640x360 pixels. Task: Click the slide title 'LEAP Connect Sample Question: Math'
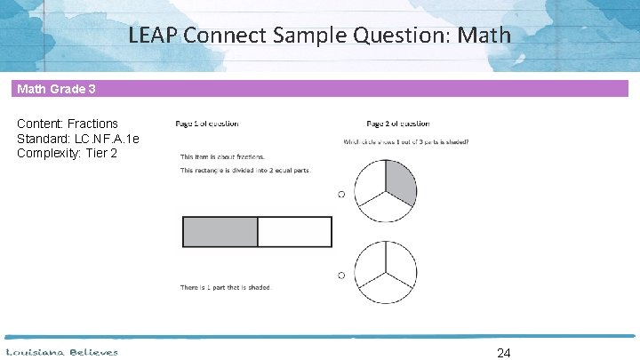pos(319,36)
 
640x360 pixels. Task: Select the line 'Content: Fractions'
pos(68,124)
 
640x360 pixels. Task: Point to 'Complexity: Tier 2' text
pos(67,154)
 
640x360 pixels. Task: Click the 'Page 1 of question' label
pos(207,124)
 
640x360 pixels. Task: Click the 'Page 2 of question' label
pos(398,124)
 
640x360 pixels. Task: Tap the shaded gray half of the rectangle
pos(220,231)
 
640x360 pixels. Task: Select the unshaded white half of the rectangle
pos(294,231)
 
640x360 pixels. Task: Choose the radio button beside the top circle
pos(340,194)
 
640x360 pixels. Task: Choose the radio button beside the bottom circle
pos(340,276)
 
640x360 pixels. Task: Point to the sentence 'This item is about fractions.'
pos(222,156)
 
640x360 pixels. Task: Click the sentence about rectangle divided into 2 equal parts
pos(245,171)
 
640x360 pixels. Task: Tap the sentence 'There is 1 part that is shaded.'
pos(226,287)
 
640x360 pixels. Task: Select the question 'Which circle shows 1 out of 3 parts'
pos(406,141)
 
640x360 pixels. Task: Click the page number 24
pos(503,353)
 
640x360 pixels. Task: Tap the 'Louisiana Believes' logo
pos(62,352)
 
